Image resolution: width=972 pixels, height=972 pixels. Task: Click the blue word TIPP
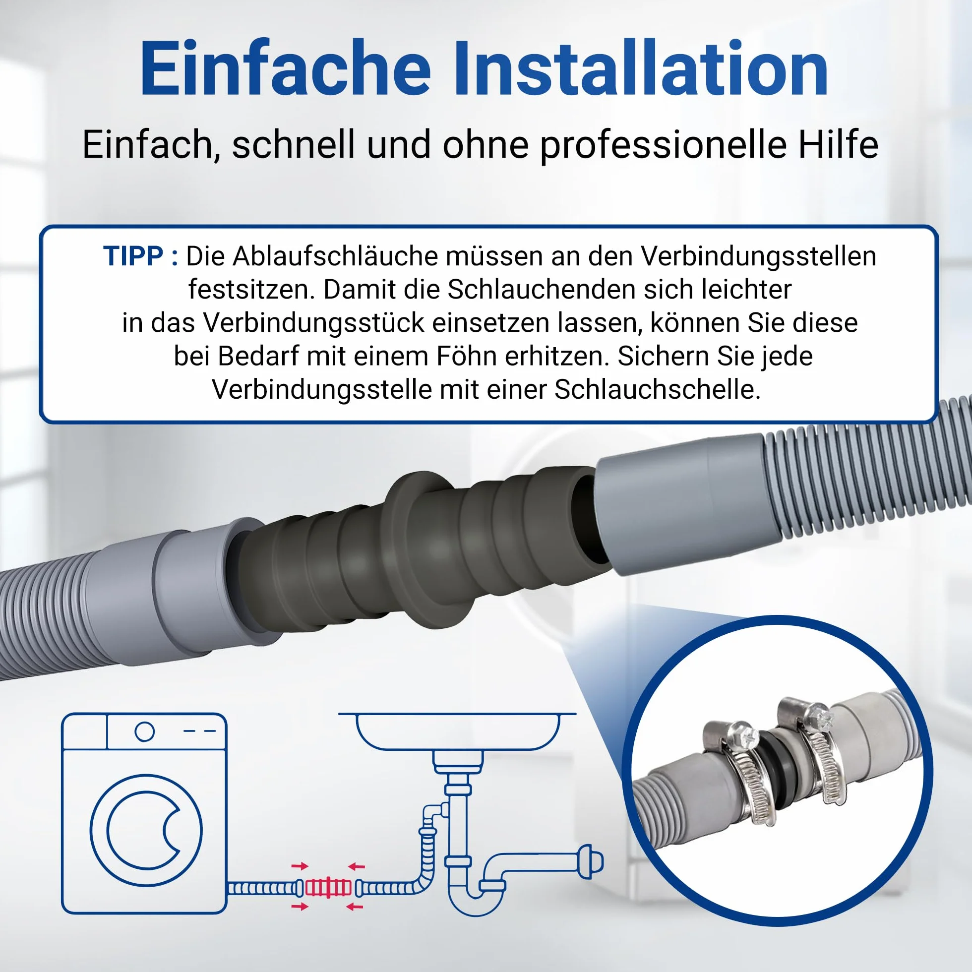[133, 256]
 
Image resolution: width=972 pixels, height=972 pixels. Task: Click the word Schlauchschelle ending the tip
[657, 389]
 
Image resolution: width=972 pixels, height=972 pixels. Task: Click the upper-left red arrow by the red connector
[300, 866]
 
